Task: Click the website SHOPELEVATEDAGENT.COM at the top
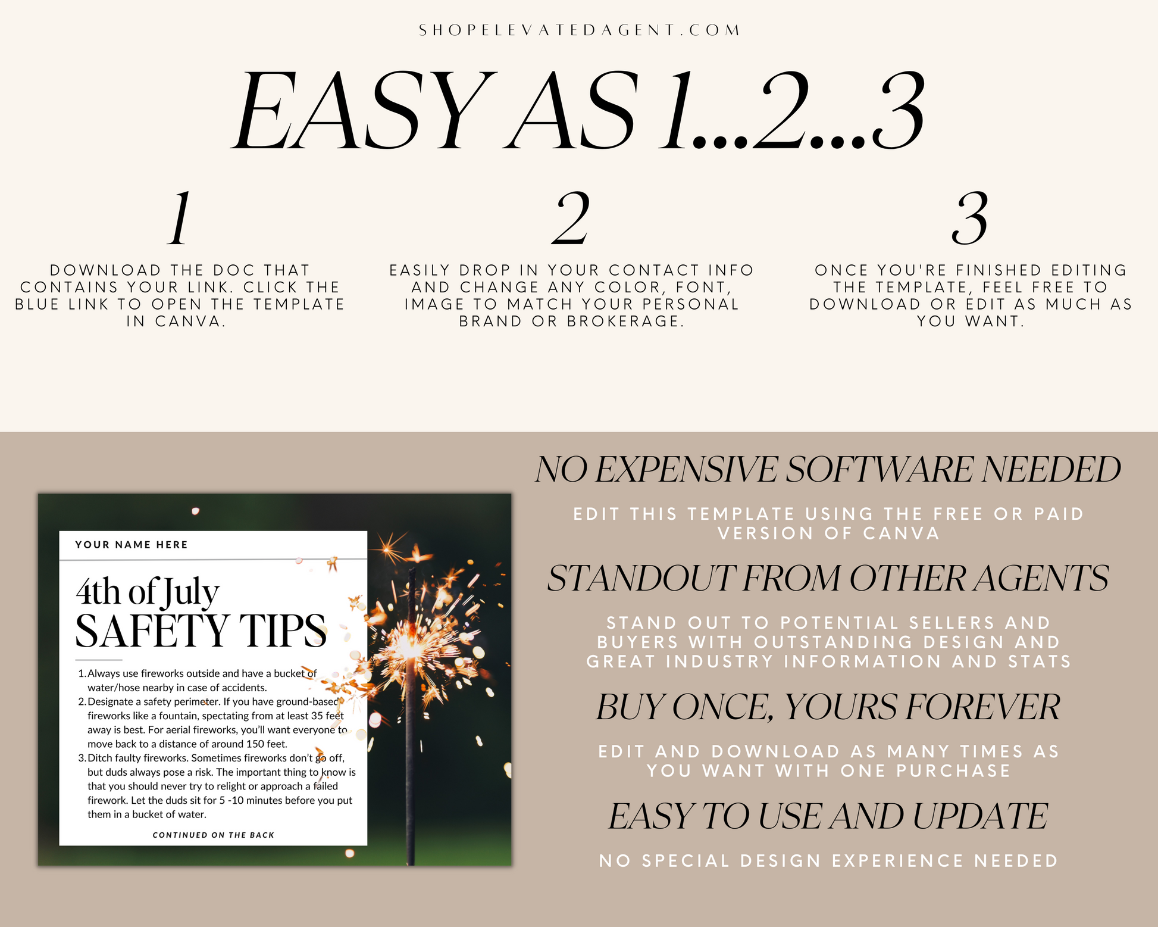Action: coord(580,30)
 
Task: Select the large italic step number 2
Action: coord(571,218)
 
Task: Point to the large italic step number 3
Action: coord(970,218)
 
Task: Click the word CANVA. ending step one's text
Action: coord(190,322)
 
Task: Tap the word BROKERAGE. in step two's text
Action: coord(625,322)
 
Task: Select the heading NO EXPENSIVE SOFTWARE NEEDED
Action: coord(828,469)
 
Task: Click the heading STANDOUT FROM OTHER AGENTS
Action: coord(828,578)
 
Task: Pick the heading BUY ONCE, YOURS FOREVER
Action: coord(828,707)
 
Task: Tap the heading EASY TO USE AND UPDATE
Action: coord(828,816)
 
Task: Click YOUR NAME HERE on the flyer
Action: coord(132,545)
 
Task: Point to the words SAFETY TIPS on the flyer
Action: coord(201,631)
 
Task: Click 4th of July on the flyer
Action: coord(148,592)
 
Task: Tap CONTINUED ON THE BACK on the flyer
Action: coord(214,835)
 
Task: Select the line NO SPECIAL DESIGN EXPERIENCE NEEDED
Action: coord(828,861)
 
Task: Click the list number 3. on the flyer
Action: coord(82,758)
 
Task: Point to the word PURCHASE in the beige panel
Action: coord(953,771)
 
